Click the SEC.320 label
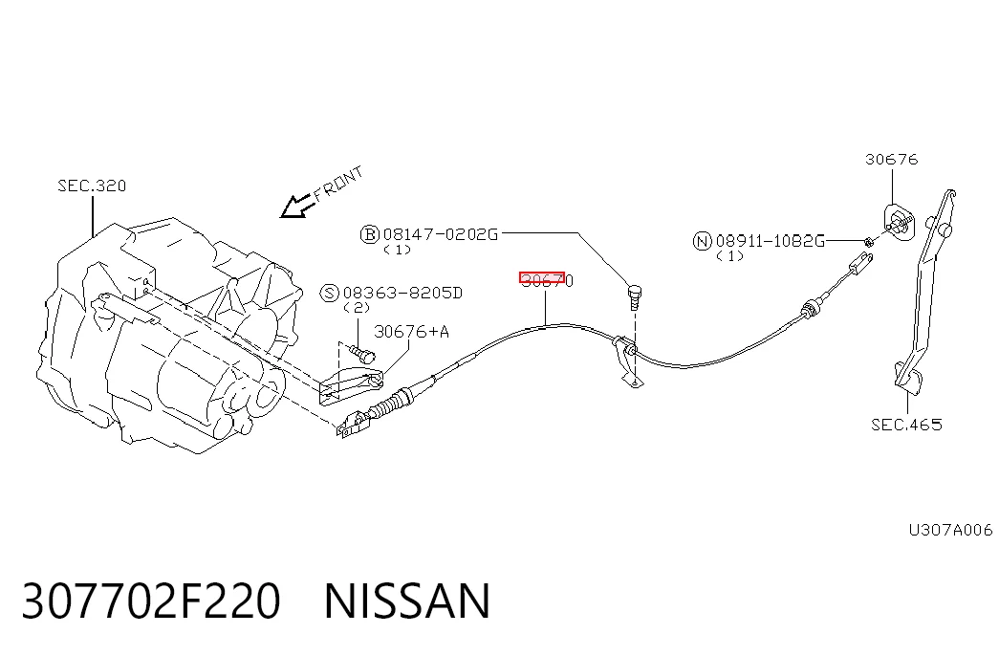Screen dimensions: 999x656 click(x=92, y=186)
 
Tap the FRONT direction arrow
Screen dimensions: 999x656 click(x=296, y=206)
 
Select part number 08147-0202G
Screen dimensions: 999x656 click(x=441, y=234)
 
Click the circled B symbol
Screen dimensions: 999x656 click(x=370, y=234)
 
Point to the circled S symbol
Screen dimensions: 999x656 click(x=329, y=294)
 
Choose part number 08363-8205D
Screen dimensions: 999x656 click(x=402, y=293)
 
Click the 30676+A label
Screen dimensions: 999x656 click(x=412, y=332)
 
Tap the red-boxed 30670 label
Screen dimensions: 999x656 click(x=547, y=280)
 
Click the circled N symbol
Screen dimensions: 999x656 click(x=702, y=241)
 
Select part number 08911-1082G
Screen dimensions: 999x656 click(x=771, y=241)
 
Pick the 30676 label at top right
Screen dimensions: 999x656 click(x=891, y=160)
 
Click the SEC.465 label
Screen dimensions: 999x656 click(x=906, y=425)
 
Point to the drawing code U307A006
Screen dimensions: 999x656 click(x=950, y=530)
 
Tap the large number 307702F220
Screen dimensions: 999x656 click(x=152, y=601)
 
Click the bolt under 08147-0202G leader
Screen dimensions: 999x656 click(x=635, y=297)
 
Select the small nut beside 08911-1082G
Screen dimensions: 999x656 click(x=868, y=241)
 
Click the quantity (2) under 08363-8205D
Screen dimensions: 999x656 click(x=357, y=307)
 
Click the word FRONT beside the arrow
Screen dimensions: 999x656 click(x=338, y=183)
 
